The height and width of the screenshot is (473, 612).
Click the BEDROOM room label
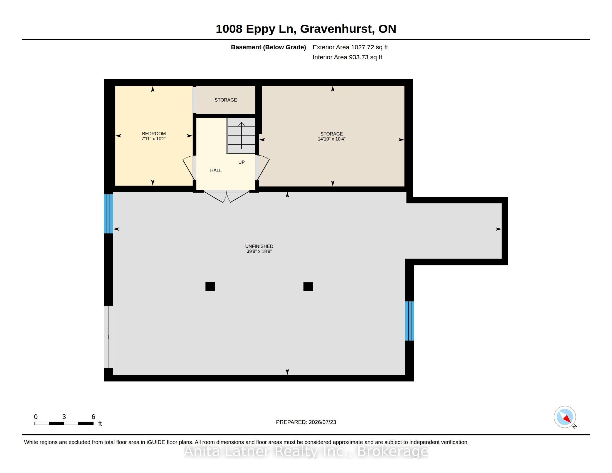[154, 134]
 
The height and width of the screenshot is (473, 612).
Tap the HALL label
[216, 170]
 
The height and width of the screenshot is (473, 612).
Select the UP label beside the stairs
[241, 162]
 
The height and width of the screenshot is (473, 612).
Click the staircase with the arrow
[241, 136]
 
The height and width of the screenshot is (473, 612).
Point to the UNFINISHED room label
[259, 246]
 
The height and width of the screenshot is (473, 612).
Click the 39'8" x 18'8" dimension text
[259, 251]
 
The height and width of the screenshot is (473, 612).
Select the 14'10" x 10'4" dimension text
[332, 139]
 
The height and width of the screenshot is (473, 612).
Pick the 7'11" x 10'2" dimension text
[154, 139]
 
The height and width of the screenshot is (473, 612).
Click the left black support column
[210, 286]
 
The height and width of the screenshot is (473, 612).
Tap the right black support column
[308, 286]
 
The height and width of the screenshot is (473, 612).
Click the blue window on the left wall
[108, 214]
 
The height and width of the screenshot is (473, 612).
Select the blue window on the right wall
[410, 321]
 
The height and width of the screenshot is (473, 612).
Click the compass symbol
[565, 417]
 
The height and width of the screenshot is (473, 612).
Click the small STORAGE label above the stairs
[226, 100]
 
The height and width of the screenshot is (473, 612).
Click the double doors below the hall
[226, 196]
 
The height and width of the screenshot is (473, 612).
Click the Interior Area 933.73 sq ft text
[347, 57]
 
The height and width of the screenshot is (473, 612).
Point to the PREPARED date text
[306, 422]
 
